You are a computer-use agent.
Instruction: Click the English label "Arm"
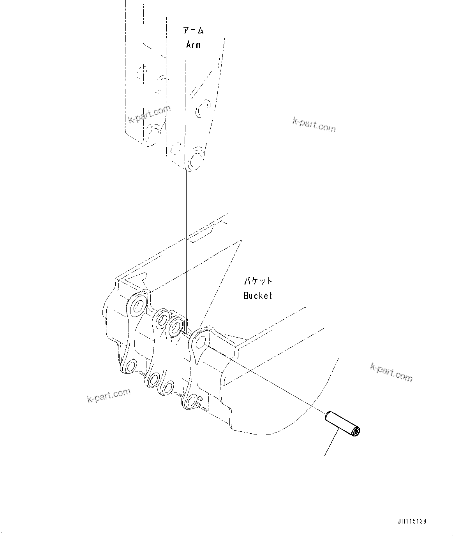tap(193, 45)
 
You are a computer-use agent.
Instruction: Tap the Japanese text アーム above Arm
tap(193, 30)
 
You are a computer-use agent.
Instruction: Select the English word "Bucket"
tap(258, 296)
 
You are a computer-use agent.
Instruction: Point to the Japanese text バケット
tap(258, 281)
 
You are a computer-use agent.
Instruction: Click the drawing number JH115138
tap(412, 521)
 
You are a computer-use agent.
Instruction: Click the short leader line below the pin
tap(332, 445)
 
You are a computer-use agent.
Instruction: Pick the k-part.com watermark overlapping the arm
tap(149, 114)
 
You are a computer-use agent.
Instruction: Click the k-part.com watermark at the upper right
tap(314, 125)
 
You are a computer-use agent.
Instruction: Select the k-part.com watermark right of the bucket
tap(391, 372)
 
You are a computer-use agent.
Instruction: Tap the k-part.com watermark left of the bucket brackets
tap(109, 395)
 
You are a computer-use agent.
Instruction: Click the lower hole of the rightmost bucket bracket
tap(190, 401)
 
